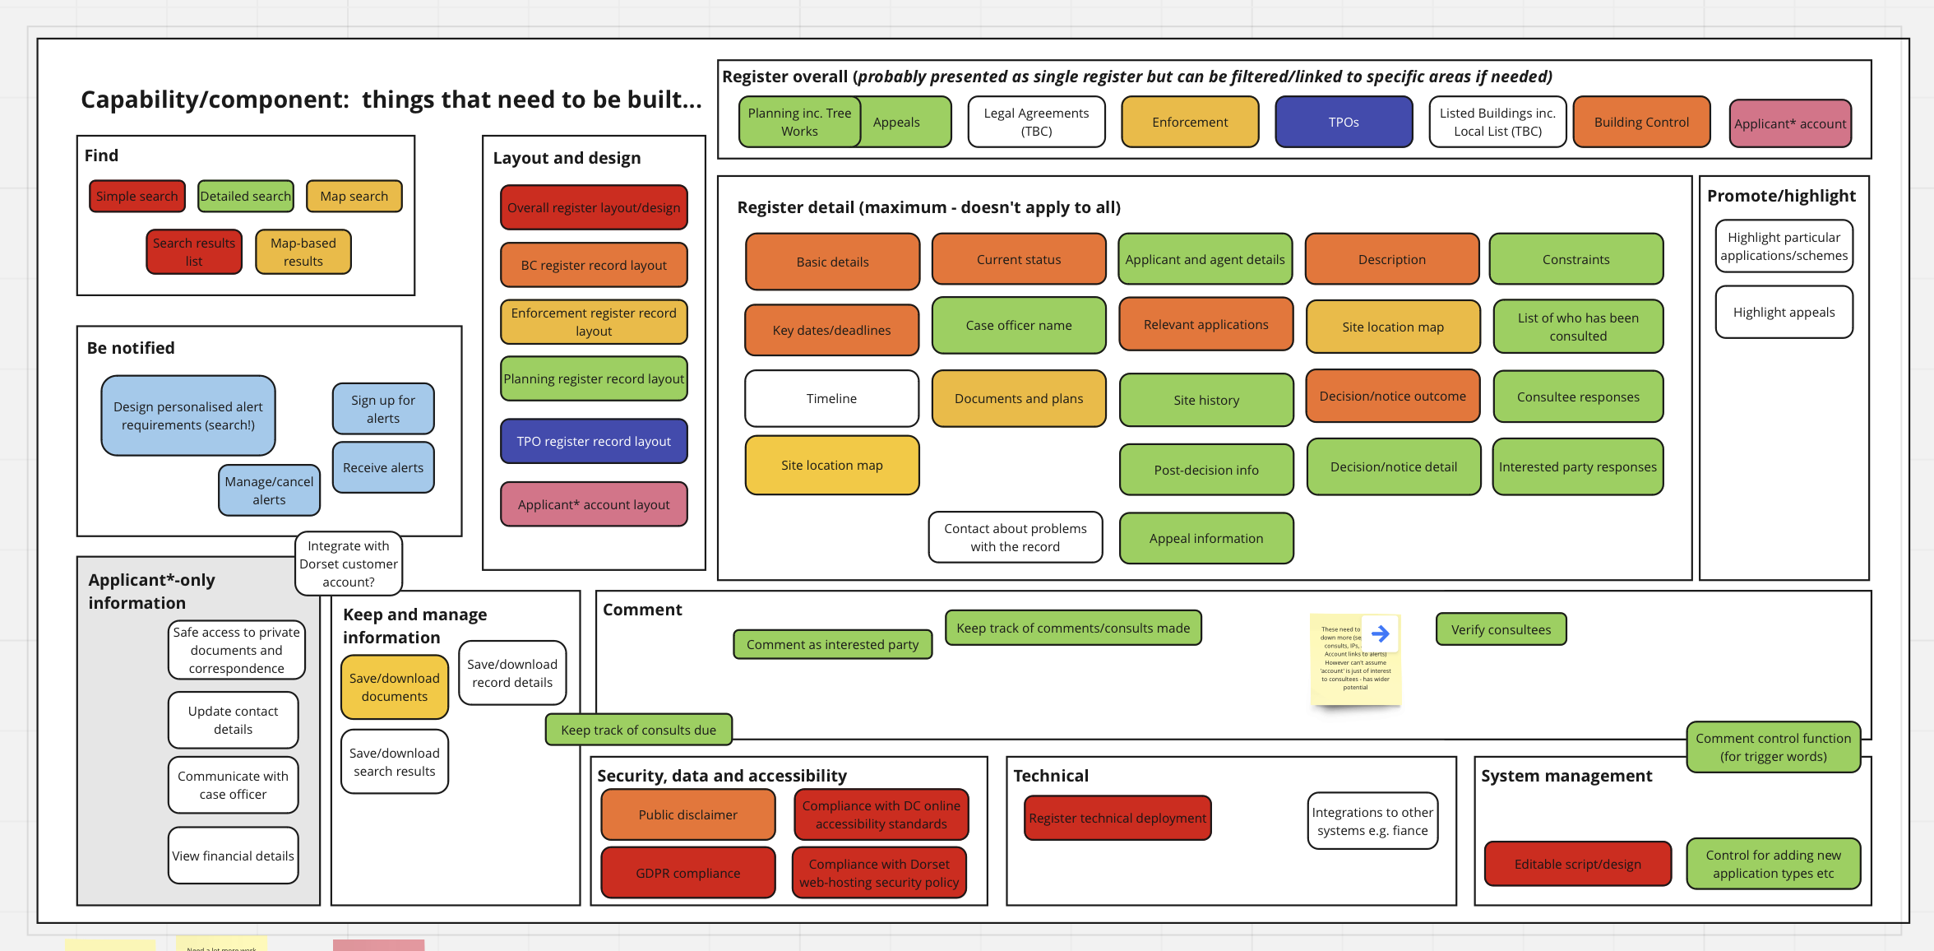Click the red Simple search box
136,197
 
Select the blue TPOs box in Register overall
1344,123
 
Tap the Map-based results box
303,253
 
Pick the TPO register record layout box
594,442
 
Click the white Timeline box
831,399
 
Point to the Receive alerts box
383,468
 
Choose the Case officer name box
1019,326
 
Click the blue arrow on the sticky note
1381,633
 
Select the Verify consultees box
1501,630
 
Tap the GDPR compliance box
688,874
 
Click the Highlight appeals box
1784,313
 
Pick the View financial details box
233,856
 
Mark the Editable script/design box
1577,865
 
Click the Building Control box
1641,123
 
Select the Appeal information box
1206,539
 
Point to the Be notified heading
131,348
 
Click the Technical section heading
1051,776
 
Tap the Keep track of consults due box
638,731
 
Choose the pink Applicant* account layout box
594,505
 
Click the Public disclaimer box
688,815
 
